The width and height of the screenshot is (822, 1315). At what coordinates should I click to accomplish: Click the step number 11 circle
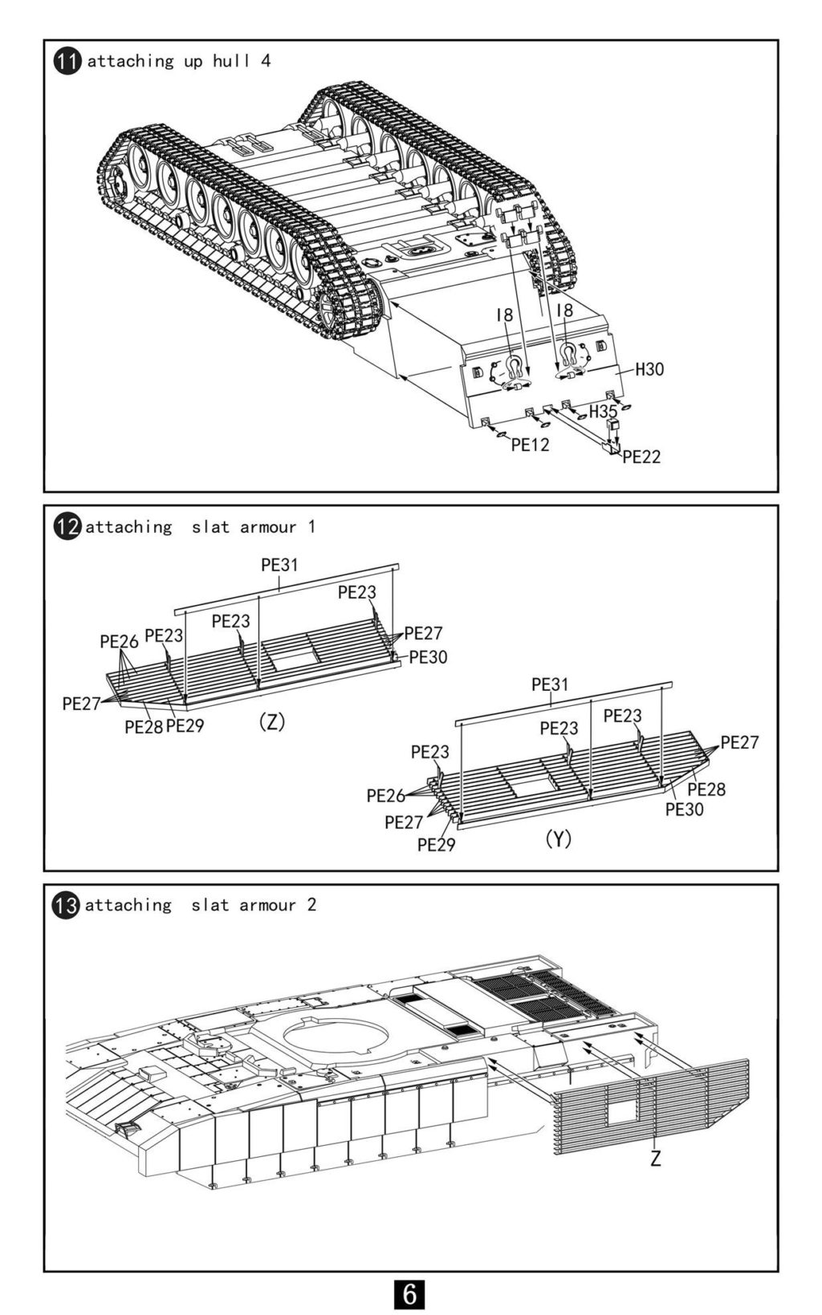click(67, 62)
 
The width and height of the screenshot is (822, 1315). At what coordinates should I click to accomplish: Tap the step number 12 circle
click(67, 526)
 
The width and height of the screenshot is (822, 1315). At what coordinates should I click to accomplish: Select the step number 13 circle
click(67, 905)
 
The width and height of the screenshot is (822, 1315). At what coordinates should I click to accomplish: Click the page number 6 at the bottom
click(409, 1294)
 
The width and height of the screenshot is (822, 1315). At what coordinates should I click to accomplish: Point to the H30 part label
click(649, 369)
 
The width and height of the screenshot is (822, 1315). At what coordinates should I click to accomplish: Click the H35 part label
click(603, 412)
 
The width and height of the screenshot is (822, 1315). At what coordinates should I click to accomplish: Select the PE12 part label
click(530, 445)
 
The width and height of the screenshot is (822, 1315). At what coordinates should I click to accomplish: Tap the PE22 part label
click(641, 457)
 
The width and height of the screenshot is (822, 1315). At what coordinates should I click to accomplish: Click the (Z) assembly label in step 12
click(271, 721)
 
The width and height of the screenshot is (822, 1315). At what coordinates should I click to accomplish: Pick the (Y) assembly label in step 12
click(558, 839)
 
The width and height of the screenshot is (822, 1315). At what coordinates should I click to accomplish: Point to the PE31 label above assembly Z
click(279, 565)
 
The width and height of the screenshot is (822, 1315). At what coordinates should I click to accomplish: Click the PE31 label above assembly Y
click(550, 684)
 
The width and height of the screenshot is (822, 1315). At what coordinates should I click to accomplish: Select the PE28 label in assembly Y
click(706, 789)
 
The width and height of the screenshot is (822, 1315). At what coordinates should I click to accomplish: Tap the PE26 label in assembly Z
click(120, 642)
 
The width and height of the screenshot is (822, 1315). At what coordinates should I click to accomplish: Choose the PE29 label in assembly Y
click(436, 845)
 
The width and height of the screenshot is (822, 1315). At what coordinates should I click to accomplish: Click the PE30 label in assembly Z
click(429, 658)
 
